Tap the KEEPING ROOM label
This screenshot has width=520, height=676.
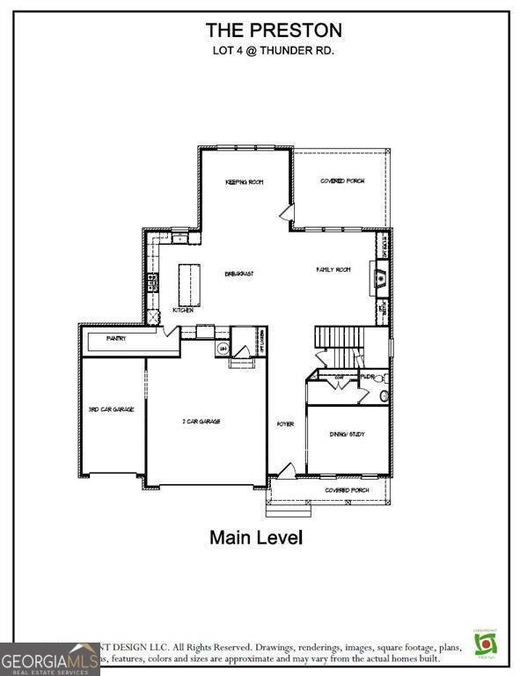[245, 182]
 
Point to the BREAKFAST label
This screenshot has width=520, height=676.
[238, 275]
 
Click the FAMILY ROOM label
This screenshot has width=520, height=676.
[333, 269]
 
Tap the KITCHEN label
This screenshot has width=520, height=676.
[182, 310]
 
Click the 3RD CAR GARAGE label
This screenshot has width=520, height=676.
[112, 409]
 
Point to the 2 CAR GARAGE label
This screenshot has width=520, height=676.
[201, 422]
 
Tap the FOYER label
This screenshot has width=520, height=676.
[285, 424]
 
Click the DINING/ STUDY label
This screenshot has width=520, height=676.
[347, 434]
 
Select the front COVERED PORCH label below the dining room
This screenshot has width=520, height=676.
[344, 489]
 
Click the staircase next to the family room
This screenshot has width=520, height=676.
[339, 336]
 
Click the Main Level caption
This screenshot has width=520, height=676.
[256, 536]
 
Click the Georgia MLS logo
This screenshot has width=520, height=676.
[49, 658]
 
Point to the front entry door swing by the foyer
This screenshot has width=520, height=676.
[285, 471]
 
